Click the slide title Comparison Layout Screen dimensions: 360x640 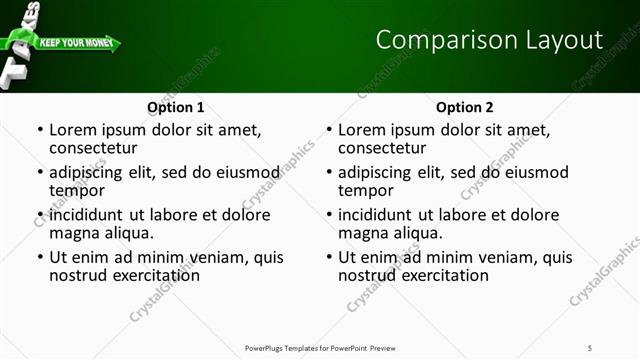tap(489, 40)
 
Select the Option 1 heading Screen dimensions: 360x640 tap(176, 107)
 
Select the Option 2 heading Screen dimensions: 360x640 tap(465, 107)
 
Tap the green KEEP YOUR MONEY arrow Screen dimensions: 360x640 tap(78, 44)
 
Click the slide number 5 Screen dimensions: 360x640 tap(591, 348)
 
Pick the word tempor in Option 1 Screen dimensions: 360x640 tap(77, 190)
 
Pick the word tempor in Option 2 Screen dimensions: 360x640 tap(366, 190)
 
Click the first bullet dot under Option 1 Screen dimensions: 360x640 tap(40, 130)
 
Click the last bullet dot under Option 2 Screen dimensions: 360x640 tap(329, 257)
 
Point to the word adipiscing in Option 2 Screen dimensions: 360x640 tap(376, 172)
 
